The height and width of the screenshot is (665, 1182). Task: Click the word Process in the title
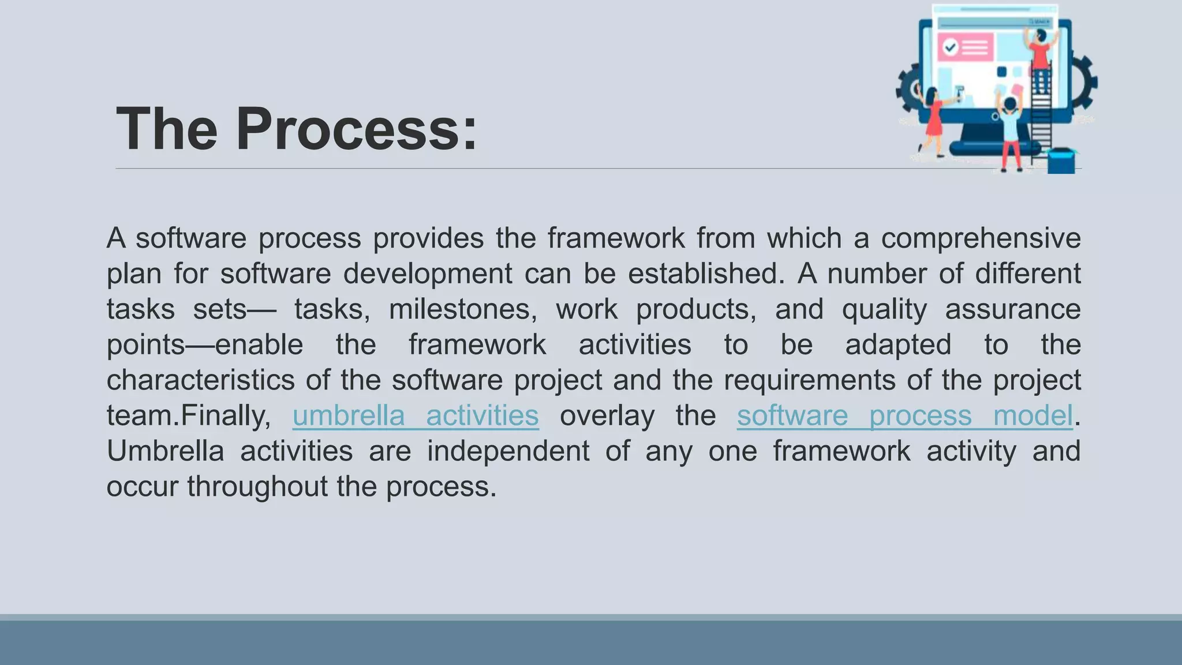[356, 129]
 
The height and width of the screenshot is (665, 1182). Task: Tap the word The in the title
[167, 129]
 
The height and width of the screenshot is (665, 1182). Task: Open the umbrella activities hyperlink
[416, 416]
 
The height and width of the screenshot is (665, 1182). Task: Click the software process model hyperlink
[904, 416]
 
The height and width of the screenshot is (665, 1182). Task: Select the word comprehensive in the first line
[981, 238]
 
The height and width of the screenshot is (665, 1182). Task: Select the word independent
[508, 451]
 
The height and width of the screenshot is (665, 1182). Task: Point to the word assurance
[1012, 309]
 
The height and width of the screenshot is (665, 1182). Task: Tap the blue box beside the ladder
[1061, 161]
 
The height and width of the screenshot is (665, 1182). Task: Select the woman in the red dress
[933, 118]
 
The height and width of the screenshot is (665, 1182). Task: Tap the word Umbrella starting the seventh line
[165, 451]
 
